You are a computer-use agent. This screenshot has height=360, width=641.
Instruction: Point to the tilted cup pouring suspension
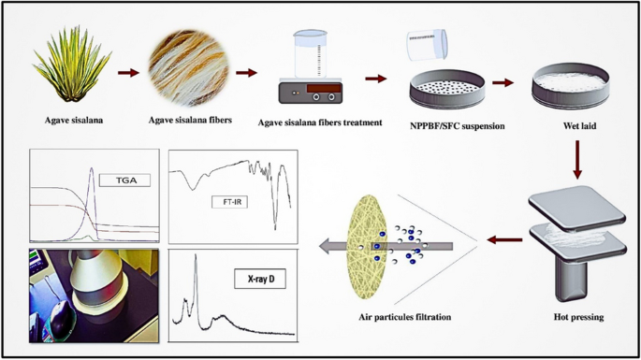426,43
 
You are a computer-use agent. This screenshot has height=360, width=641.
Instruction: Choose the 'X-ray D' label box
258,277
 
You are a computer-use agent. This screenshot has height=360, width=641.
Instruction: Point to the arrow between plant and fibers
127,71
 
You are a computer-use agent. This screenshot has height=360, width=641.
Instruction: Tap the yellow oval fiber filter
370,246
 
